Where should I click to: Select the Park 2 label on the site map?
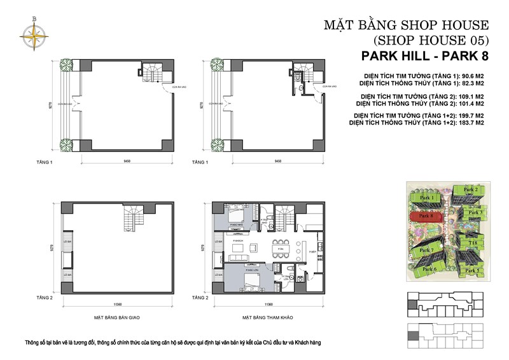470,190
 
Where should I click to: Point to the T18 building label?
473,242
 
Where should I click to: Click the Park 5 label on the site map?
471,270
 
